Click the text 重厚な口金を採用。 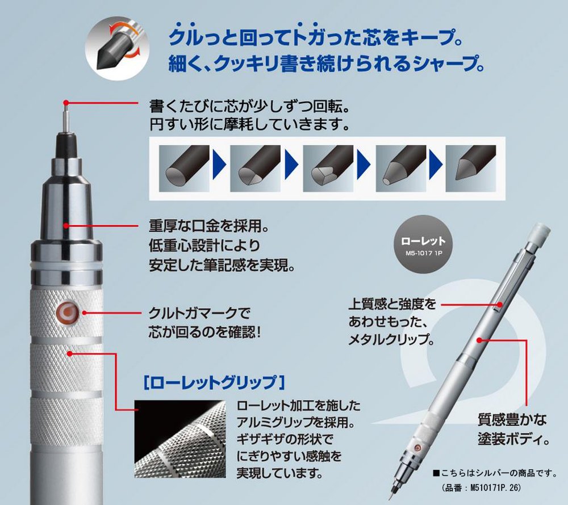208,228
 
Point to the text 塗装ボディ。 512,439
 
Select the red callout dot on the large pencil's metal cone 67,226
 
